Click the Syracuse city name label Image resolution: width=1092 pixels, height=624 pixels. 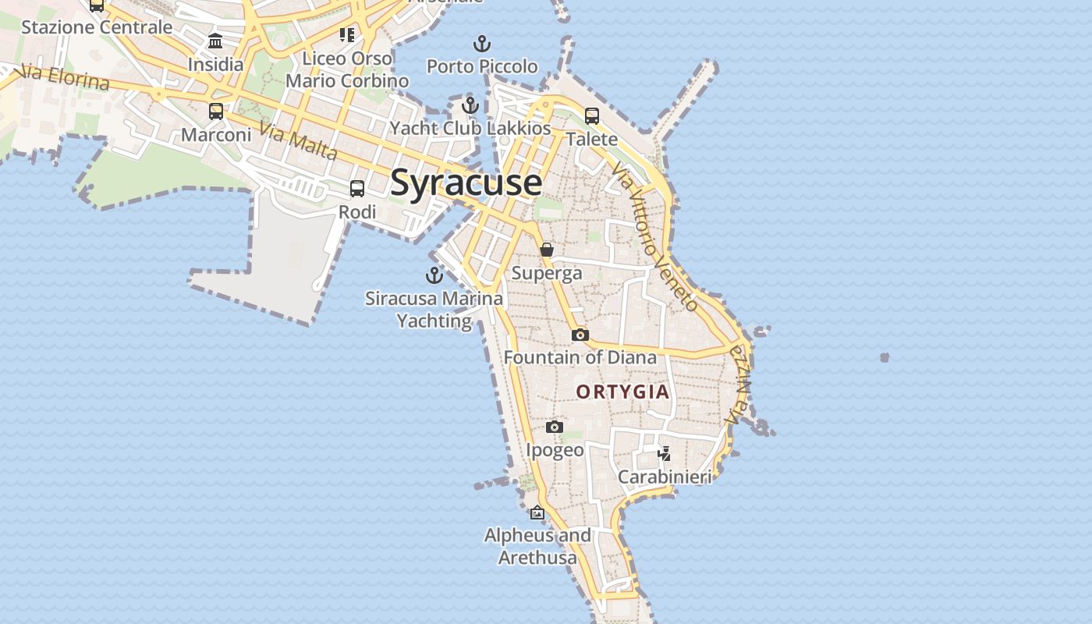(x=466, y=183)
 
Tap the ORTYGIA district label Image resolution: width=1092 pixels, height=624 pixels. (x=622, y=392)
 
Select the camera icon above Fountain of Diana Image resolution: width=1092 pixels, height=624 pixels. (x=580, y=335)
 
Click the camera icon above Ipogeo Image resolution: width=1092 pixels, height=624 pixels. (x=555, y=427)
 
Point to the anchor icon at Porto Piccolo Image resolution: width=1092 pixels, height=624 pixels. (x=482, y=44)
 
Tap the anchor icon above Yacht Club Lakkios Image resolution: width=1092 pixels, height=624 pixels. (x=470, y=105)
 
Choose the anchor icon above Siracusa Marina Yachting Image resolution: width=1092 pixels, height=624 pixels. (x=434, y=275)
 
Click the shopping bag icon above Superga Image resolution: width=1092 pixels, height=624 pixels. (x=547, y=250)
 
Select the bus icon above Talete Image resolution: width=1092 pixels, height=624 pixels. (x=592, y=116)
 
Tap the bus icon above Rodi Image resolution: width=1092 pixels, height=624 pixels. (x=357, y=189)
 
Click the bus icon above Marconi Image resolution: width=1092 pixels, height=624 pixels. (x=216, y=112)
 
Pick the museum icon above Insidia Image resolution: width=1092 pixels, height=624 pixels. (x=215, y=41)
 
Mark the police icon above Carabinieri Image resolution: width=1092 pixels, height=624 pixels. (x=664, y=453)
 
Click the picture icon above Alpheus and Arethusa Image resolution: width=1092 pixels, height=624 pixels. (x=537, y=512)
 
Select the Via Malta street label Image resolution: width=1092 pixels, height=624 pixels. (x=299, y=142)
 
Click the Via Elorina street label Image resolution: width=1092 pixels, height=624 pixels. (x=62, y=77)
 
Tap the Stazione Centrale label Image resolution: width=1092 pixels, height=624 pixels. (x=97, y=27)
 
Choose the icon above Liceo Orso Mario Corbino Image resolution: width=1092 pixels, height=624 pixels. (x=347, y=34)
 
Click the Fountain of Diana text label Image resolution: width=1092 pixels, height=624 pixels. (x=580, y=357)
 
